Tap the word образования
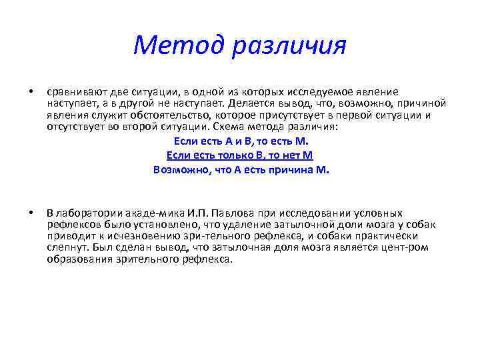pos(76,259)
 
